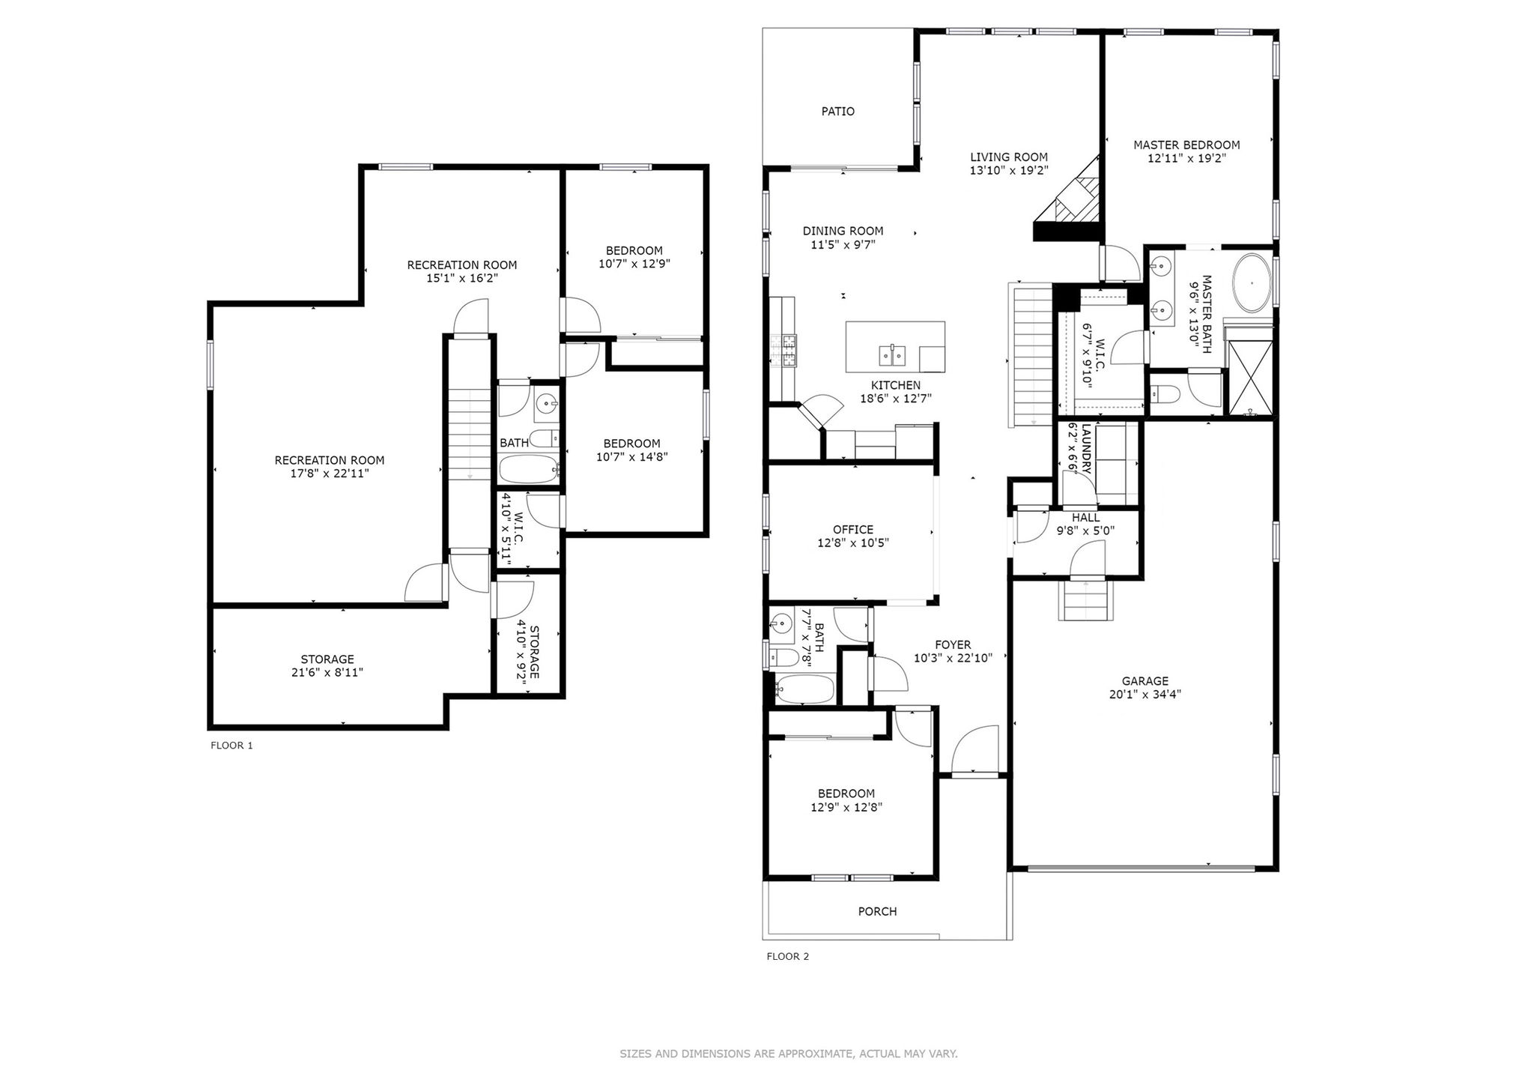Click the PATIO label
pos(837,112)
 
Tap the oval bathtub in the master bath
pos(1251,284)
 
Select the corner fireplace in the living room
pos(1067,199)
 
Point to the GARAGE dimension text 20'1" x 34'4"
pos(1145,695)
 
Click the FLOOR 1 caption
pos(231,746)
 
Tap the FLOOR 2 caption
pos(787,956)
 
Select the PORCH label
pos(877,912)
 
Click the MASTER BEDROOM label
pos(1186,145)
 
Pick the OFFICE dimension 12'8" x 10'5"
pos(853,543)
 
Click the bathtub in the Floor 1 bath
pos(529,470)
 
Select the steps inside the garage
pos(1086,600)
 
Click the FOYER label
pos(953,645)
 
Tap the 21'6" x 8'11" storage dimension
pos(327,673)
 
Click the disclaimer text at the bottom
pos(789,1054)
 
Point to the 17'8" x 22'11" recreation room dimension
pos(330,474)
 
